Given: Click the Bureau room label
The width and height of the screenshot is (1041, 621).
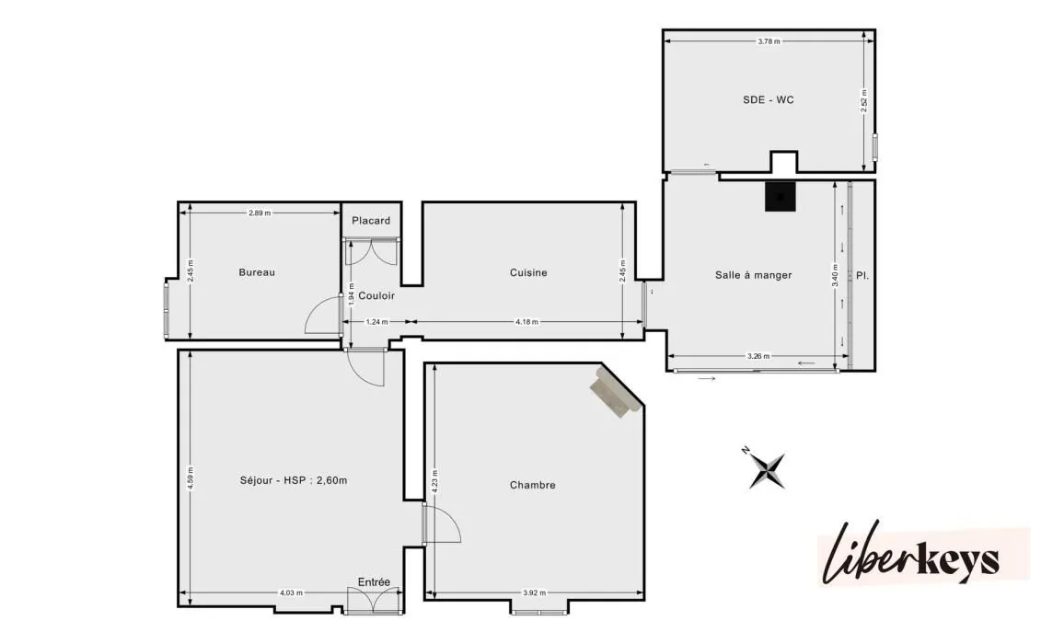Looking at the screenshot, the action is click(256, 272).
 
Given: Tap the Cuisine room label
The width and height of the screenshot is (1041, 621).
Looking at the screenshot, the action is click(528, 272).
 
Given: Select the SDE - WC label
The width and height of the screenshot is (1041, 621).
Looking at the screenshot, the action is click(769, 99).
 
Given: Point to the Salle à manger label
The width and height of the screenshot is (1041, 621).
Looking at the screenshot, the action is click(753, 275).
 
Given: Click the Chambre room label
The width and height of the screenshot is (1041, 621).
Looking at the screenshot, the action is click(532, 485).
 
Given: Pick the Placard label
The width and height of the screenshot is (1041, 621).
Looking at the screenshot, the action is click(371, 220).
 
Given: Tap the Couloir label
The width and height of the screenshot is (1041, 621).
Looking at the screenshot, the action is click(376, 296).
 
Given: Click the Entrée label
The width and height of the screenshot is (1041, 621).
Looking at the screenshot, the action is click(374, 581).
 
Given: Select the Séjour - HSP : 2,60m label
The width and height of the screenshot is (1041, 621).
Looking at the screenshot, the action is click(294, 480).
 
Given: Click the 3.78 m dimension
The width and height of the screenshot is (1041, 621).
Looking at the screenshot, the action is click(769, 41).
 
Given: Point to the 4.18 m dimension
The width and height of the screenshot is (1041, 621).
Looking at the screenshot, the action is click(527, 322).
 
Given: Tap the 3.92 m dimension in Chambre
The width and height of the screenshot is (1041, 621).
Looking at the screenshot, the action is click(534, 593).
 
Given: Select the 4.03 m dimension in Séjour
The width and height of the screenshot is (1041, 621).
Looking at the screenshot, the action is click(292, 593).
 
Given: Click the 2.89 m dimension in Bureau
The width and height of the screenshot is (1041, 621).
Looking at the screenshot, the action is click(260, 213).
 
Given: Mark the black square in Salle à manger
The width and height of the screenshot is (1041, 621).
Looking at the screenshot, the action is click(781, 196).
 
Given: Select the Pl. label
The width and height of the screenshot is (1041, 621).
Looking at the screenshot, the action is click(862, 275).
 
